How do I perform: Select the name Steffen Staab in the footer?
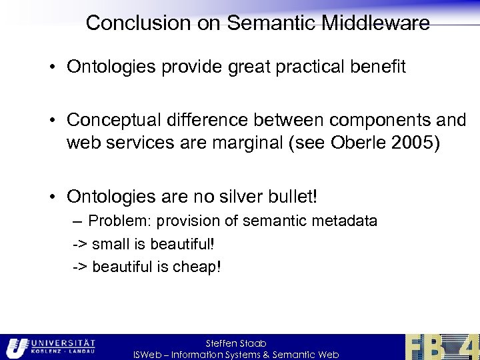pos(236,343)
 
